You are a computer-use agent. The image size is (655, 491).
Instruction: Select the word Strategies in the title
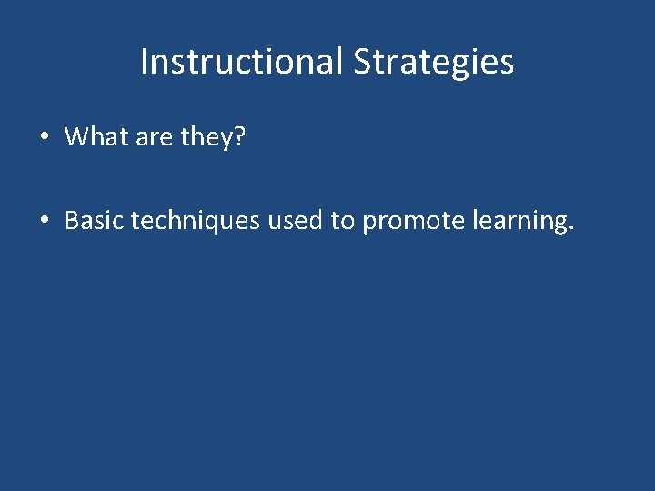pyautogui.click(x=433, y=63)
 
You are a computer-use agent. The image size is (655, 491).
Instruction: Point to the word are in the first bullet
pyautogui.click(x=155, y=138)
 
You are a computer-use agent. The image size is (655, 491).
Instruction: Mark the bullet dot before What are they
pyautogui.click(x=44, y=138)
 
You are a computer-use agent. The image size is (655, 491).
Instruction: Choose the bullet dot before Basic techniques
pyautogui.click(x=44, y=221)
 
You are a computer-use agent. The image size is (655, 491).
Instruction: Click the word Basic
pyautogui.click(x=95, y=220)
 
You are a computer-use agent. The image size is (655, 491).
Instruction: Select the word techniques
pyautogui.click(x=196, y=221)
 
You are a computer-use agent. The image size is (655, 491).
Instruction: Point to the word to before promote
pyautogui.click(x=343, y=220)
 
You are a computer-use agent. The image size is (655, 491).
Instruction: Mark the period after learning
pyautogui.click(x=570, y=228)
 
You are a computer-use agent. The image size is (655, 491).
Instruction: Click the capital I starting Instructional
pyautogui.click(x=145, y=62)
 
